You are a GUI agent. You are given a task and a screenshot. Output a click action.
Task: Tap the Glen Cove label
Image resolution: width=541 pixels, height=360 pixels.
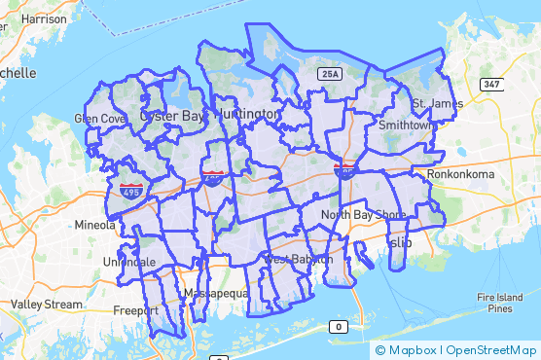(100, 119)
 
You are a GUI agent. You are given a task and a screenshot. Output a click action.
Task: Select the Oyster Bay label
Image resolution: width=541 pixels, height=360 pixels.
(174, 115)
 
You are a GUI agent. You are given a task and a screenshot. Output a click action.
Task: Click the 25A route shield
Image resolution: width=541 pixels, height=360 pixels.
(330, 74)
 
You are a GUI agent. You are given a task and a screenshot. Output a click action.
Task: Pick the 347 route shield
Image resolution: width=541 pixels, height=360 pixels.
(492, 86)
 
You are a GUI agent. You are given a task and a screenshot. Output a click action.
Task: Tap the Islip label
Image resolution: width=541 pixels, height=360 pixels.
(400, 239)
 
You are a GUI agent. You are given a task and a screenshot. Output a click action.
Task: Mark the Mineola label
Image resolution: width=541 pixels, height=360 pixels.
(94, 226)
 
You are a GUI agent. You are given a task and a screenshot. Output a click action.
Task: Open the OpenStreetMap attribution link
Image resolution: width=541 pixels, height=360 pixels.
(490, 349)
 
